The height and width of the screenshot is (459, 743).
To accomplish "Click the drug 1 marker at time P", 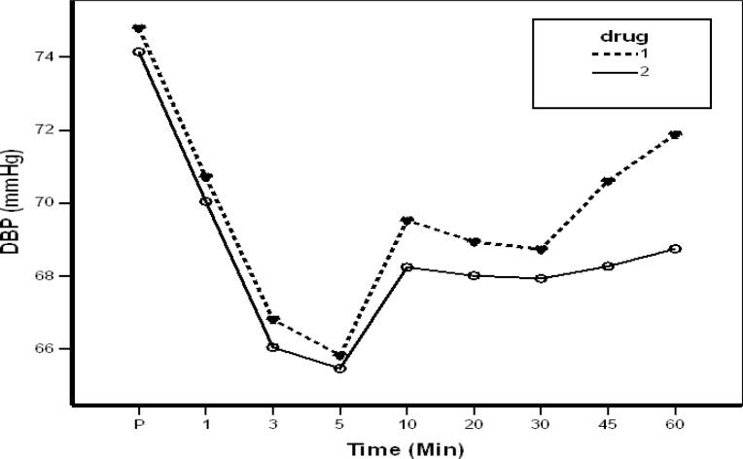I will coord(139,28).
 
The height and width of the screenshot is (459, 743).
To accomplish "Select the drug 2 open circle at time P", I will coord(139,52).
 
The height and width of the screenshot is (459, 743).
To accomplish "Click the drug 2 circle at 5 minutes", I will coord(339,369).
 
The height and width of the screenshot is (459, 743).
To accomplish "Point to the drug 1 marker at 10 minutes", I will coord(407,221).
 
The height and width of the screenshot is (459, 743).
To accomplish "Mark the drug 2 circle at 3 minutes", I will coord(272,347).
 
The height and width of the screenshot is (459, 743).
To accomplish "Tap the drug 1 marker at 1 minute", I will coord(206,177).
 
